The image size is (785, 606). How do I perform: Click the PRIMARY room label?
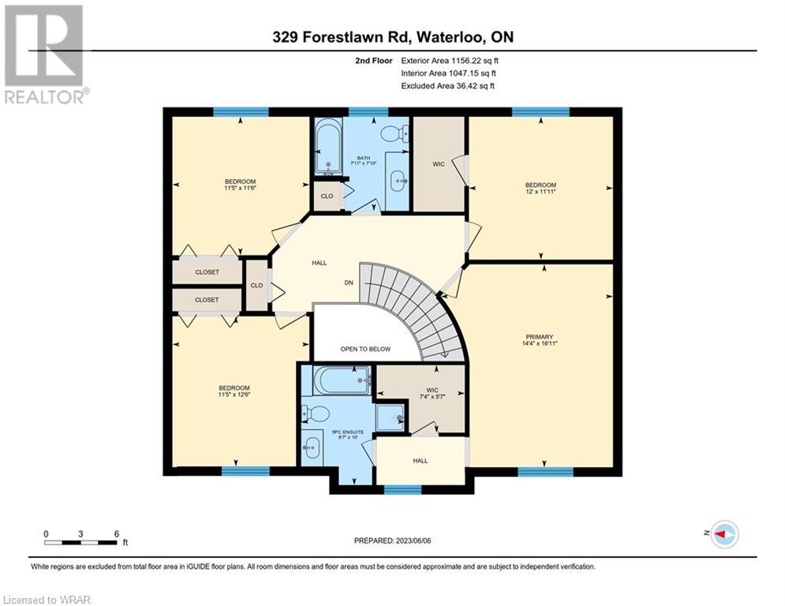pyautogui.click(x=539, y=340)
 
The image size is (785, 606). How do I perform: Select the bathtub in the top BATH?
pyautogui.click(x=328, y=146)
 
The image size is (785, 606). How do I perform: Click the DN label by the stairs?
pyautogui.click(x=349, y=282)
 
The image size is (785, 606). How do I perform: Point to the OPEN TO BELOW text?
pyautogui.click(x=365, y=349)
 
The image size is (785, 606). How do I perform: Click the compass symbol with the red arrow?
pyautogui.click(x=724, y=534)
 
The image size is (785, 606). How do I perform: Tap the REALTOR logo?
pyautogui.click(x=46, y=54)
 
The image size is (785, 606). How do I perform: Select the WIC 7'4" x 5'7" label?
pyautogui.click(x=432, y=393)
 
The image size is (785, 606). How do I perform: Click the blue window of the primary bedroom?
pyautogui.click(x=545, y=471)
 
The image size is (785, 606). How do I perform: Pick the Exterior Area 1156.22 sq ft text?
pyautogui.click(x=450, y=61)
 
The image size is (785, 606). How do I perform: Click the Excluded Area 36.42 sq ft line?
pyautogui.click(x=447, y=86)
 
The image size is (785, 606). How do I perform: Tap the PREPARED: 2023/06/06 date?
pyautogui.click(x=393, y=541)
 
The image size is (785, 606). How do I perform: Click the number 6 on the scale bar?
pyautogui.click(x=117, y=534)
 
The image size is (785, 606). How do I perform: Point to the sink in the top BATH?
pyautogui.click(x=398, y=181)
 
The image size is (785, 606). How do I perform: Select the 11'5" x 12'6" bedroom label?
pyautogui.click(x=234, y=391)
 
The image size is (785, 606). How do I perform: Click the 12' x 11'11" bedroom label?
pyautogui.click(x=540, y=189)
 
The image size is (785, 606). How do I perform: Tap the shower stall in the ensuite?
pyautogui.click(x=390, y=416)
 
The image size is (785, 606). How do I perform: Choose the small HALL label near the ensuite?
pyautogui.click(x=421, y=461)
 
